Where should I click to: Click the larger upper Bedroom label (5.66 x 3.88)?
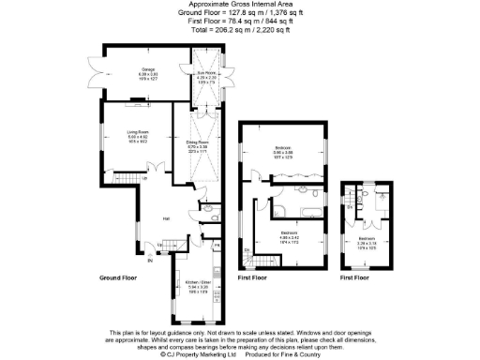coord(283,147)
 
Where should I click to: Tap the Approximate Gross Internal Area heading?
coord(239,5)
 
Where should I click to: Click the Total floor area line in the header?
coord(239,30)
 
